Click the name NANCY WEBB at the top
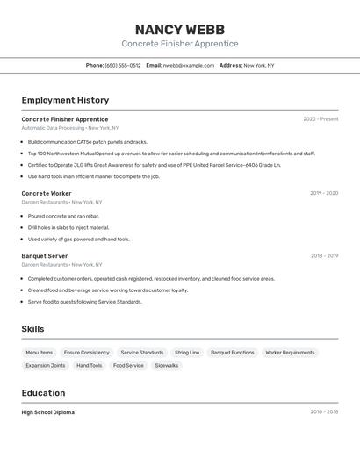[179, 29]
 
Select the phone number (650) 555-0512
[123, 65]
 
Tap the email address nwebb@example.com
[189, 65]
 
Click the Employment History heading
[65, 100]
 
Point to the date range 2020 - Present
[320, 119]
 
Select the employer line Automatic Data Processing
[53, 128]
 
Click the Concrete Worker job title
[47, 193]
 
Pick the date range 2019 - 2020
[323, 193]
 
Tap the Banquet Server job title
[45, 256]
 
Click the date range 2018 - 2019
[324, 256]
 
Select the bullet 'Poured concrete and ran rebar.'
[63, 216]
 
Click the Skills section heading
[32, 329]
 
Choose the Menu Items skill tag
[39, 353]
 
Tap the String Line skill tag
[187, 353]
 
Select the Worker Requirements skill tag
[290, 353]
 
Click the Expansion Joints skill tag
[46, 366]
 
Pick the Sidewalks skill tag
[167, 366]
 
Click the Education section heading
[43, 393]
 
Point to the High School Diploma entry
[47, 412]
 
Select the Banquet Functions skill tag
[233, 353]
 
